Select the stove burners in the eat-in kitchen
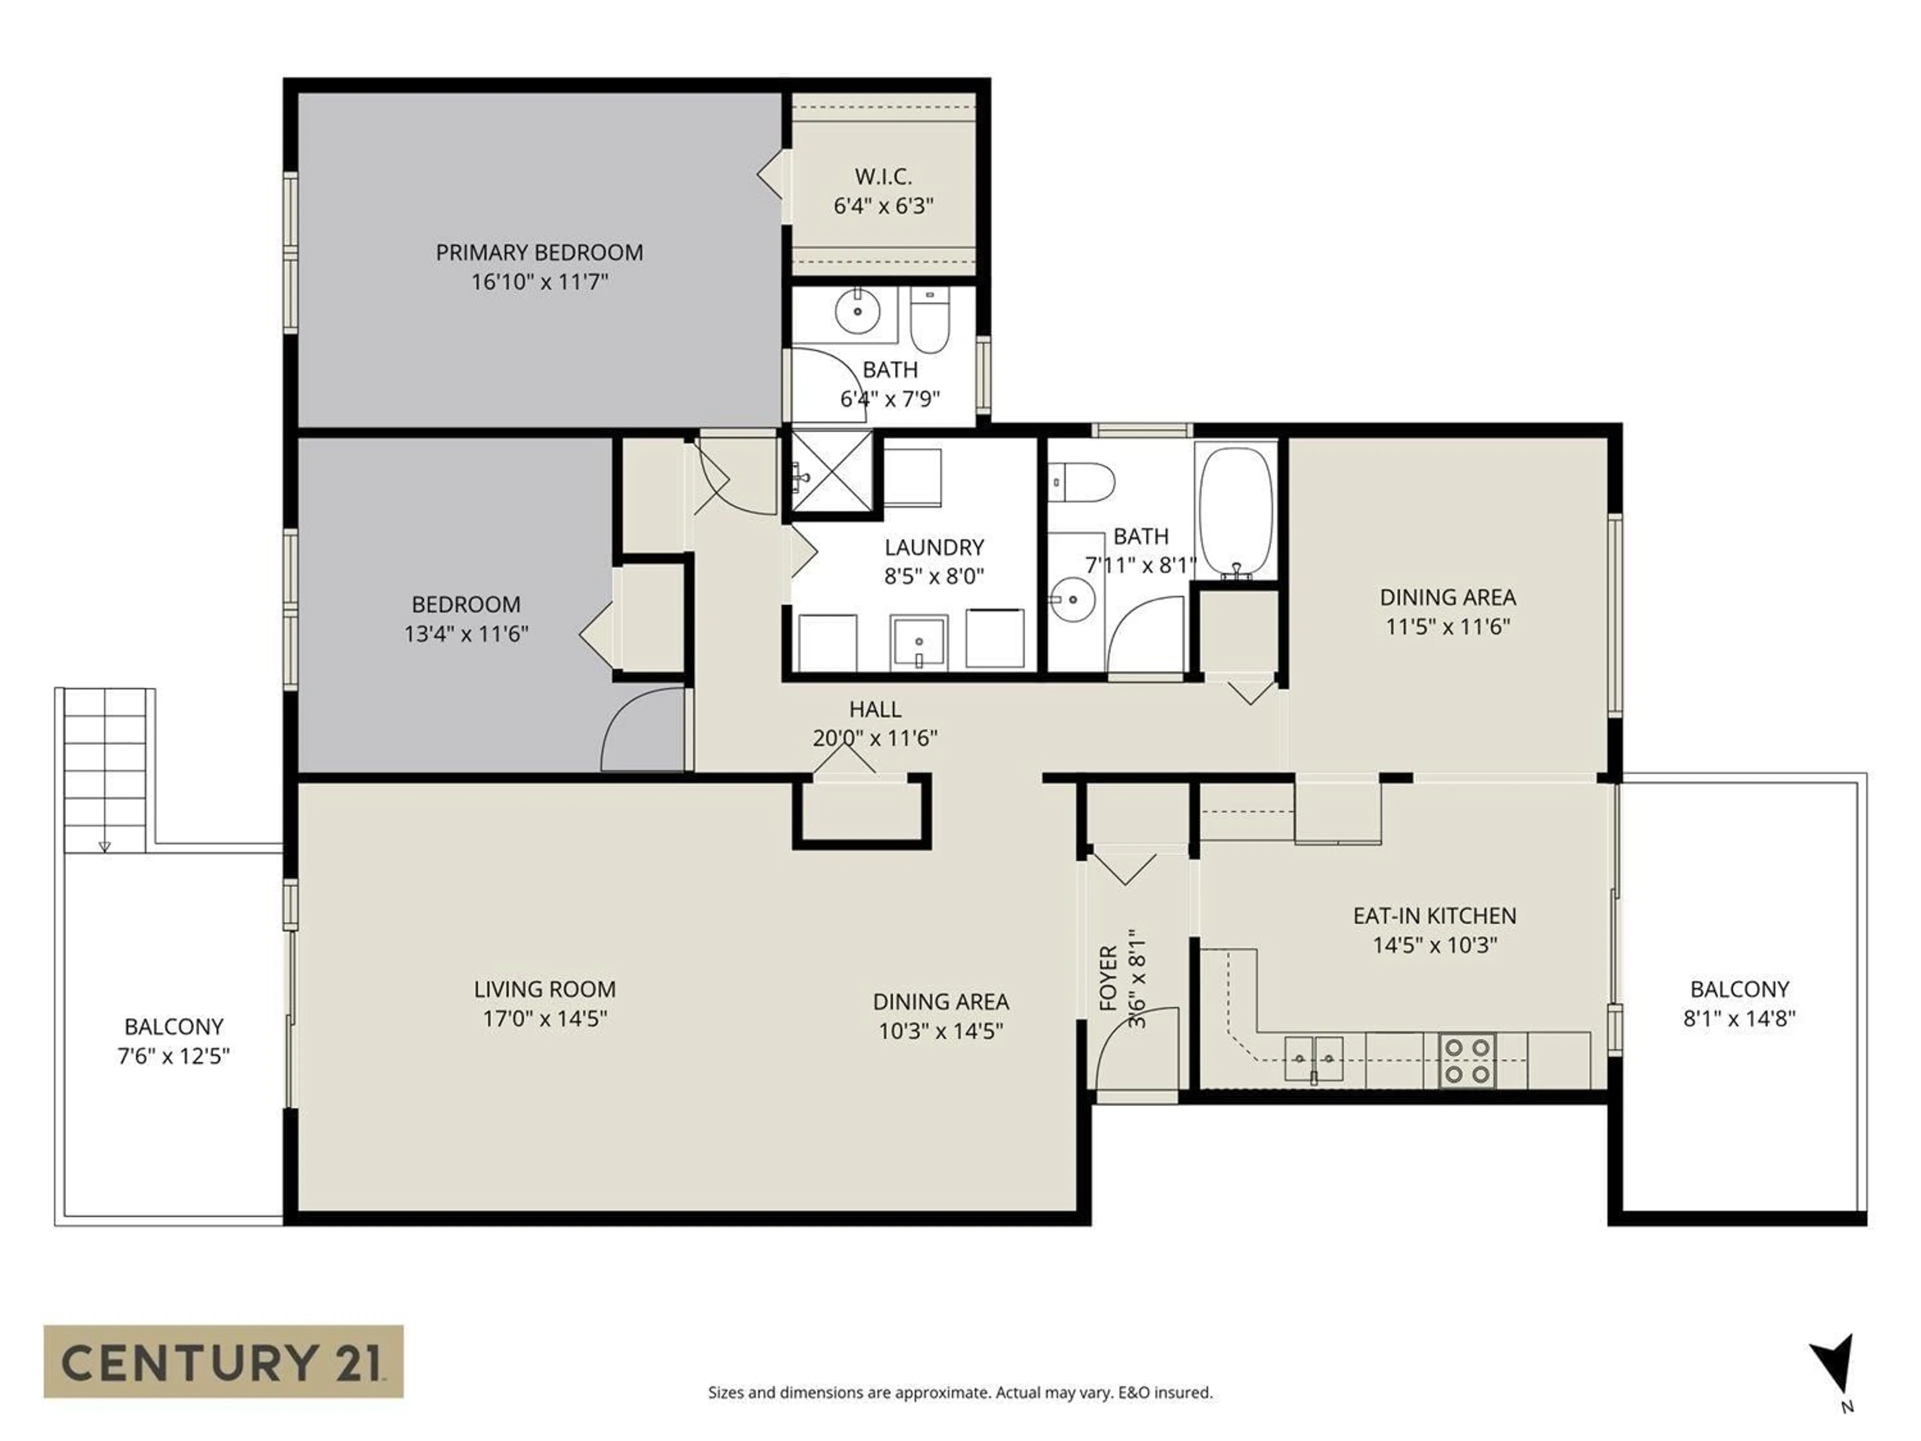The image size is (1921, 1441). [1467, 1061]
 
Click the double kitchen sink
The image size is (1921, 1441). [1313, 1059]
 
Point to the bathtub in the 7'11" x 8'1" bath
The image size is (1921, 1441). [1235, 510]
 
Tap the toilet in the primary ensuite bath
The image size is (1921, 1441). [930, 321]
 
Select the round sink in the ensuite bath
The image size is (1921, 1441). [857, 310]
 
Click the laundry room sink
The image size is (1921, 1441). [918, 643]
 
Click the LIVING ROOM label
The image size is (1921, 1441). [544, 989]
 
